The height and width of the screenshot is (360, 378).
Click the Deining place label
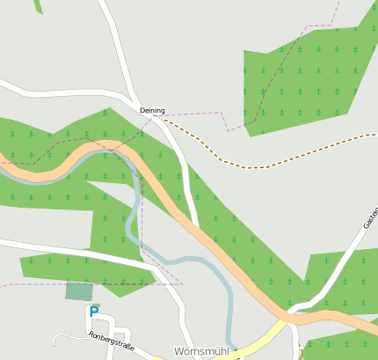[x=152, y=110]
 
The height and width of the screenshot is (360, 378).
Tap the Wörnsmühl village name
[x=201, y=350]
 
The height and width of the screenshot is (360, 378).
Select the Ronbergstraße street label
[x=111, y=341]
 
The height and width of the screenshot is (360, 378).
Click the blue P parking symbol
[x=94, y=311]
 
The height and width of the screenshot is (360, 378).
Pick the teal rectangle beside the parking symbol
[x=78, y=291]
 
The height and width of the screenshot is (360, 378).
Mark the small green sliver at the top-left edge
[x=38, y=6]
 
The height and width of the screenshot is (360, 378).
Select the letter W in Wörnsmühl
[x=178, y=350]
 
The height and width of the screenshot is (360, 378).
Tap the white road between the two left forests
[x=70, y=248]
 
